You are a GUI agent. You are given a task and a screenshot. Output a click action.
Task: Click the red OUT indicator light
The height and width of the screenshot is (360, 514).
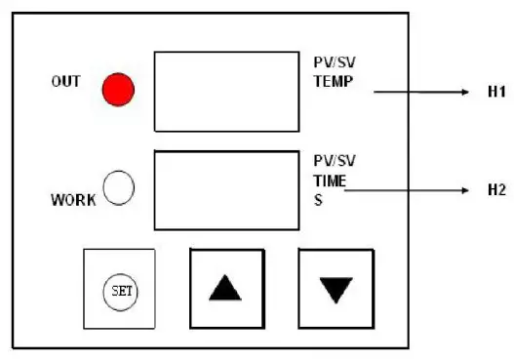118,90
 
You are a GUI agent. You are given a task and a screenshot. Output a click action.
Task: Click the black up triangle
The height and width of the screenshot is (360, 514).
225,288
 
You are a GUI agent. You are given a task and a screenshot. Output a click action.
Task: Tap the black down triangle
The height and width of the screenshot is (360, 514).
335,289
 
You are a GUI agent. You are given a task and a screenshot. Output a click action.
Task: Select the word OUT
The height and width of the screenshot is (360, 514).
65,82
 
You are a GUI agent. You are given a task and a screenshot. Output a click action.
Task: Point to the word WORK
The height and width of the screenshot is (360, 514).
73,201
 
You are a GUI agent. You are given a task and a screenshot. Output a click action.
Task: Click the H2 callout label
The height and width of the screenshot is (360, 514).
496,190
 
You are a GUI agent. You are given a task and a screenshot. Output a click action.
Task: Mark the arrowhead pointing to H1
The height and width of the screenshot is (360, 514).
467,93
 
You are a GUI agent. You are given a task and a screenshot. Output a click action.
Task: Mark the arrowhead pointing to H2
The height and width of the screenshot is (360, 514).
466,190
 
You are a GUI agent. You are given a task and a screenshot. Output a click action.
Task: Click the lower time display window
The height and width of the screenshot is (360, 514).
226,188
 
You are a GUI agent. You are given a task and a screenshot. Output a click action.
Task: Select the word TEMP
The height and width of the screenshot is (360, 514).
332,83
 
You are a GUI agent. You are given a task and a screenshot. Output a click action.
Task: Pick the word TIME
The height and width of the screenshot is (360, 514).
330,181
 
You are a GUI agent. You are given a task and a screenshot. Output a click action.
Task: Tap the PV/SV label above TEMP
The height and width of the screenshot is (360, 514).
332,65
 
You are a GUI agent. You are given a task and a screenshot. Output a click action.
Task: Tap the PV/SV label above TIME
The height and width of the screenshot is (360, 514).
332,163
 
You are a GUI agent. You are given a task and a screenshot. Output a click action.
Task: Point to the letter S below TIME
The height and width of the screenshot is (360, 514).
317,200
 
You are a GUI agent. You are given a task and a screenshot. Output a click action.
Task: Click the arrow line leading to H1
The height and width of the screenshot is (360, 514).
419,93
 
